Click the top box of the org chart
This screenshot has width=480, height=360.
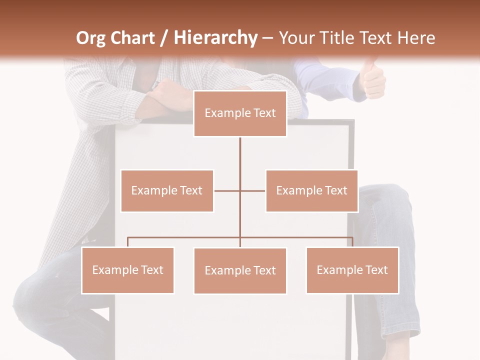[240, 113]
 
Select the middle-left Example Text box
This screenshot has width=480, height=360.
[167, 190]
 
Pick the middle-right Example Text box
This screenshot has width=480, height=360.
[311, 190]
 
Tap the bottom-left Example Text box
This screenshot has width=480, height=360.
[128, 270]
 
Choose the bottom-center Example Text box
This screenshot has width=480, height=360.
[240, 270]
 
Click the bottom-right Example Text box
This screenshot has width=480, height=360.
[352, 270]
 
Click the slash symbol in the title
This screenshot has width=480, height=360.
[163, 38]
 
